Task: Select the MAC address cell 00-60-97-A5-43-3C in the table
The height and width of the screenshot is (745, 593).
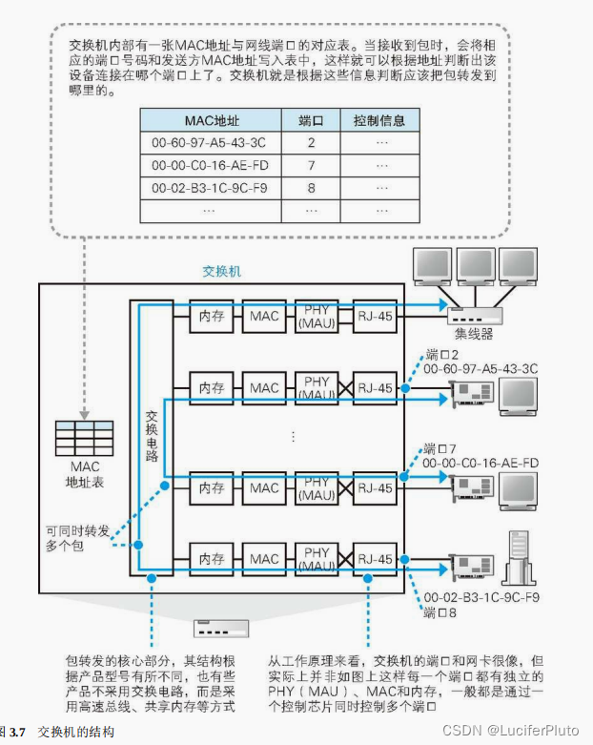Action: coord(211,143)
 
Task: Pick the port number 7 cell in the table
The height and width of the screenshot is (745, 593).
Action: coord(311,165)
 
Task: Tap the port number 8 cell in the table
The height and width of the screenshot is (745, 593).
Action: coord(311,187)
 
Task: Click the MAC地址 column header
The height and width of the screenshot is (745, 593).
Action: coord(211,120)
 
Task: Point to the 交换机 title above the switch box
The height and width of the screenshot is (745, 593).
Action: coord(223,271)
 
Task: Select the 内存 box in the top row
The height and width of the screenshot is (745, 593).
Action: coord(211,314)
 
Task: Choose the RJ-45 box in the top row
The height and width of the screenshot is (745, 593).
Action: coord(373,314)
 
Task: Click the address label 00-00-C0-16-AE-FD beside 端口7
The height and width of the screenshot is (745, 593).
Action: coord(481,463)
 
